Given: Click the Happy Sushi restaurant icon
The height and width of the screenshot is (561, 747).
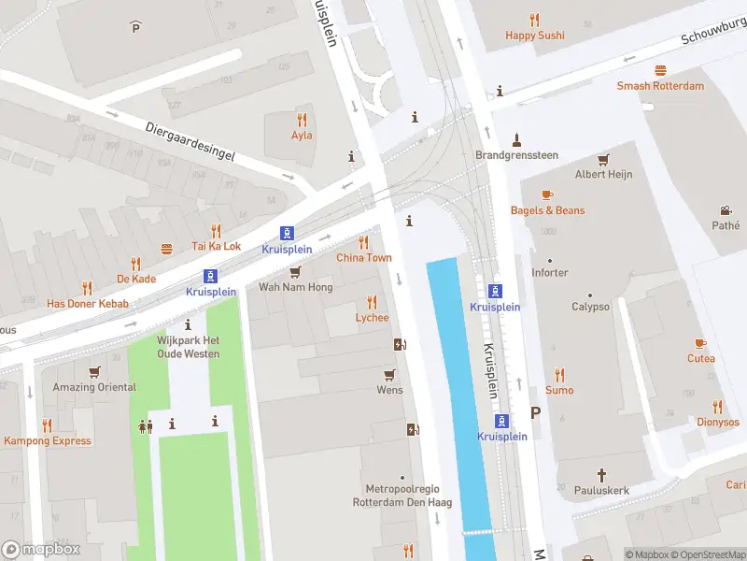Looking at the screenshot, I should tap(534, 19).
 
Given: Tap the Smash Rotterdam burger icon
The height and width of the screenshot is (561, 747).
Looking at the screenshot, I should tap(660, 70).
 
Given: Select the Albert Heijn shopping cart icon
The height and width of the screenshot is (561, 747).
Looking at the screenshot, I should tap(603, 159).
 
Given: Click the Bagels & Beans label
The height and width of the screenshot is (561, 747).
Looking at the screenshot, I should tap(547, 210).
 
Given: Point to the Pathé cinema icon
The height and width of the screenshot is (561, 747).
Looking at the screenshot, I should tap(726, 210).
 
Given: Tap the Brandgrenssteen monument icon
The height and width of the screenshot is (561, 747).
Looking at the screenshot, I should tap(515, 139).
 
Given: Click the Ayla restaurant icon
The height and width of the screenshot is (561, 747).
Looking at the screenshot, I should tap(302, 120).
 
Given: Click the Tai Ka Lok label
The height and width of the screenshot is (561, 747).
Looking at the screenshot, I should tap(216, 247).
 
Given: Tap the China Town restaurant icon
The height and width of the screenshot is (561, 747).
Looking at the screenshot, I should tap(364, 242).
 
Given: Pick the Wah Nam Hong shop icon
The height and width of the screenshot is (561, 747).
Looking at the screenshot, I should tap(295, 272).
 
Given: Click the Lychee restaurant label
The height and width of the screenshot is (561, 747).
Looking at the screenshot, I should tap(372, 318).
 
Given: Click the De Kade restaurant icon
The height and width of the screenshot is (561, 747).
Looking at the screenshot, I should tap(135, 264).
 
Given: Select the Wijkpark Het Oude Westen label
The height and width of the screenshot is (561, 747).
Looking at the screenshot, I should tap(189, 347).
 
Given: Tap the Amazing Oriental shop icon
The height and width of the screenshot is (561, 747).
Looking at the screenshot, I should tap(94, 372).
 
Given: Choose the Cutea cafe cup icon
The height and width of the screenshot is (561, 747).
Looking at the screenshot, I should tap(700, 343).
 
